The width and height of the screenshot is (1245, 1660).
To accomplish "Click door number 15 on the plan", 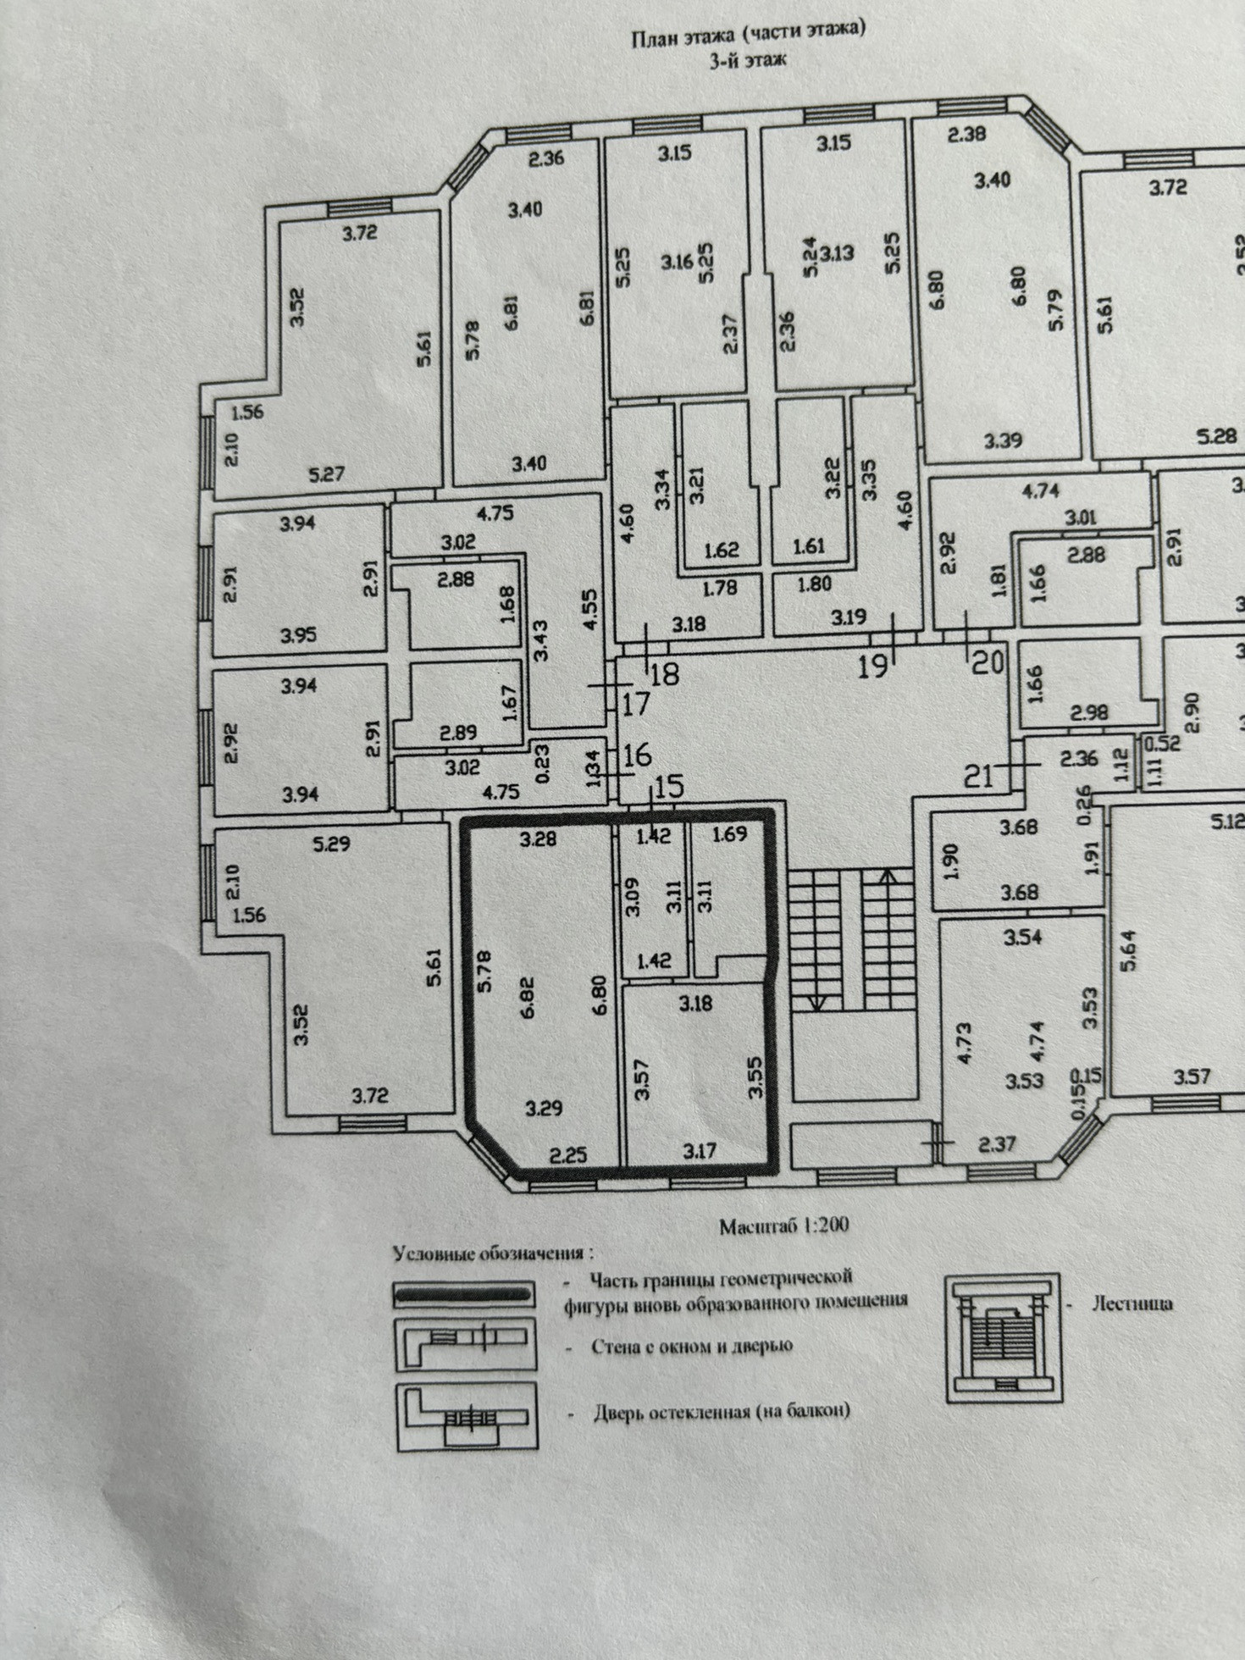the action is tap(668, 787).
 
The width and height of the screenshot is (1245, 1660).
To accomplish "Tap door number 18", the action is tap(666, 675).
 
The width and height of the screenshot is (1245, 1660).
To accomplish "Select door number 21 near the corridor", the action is tap(978, 776).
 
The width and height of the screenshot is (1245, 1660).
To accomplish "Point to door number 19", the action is tap(873, 666).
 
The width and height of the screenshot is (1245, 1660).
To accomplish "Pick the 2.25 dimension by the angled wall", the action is tap(567, 1154).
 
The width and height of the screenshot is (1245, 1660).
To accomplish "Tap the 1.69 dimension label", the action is tap(729, 834).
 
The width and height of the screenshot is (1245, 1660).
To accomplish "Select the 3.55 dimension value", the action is tap(755, 1077).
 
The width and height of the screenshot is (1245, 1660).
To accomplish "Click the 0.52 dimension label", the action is tap(1162, 743).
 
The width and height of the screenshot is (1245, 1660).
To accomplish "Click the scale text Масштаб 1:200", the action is tap(783, 1226).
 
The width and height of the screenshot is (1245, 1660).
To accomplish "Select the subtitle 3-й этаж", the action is tap(747, 60).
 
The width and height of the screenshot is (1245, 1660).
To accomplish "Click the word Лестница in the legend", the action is tap(1132, 1304).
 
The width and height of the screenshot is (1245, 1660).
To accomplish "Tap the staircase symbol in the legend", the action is tap(1003, 1337).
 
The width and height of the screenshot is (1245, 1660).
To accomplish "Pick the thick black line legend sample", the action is tap(462, 1294).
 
